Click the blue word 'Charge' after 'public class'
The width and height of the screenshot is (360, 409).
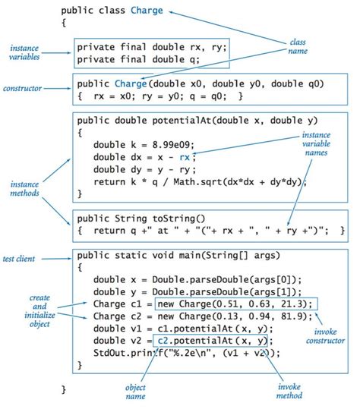pos(145,11)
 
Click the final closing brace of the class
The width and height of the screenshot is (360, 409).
pos(64,389)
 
